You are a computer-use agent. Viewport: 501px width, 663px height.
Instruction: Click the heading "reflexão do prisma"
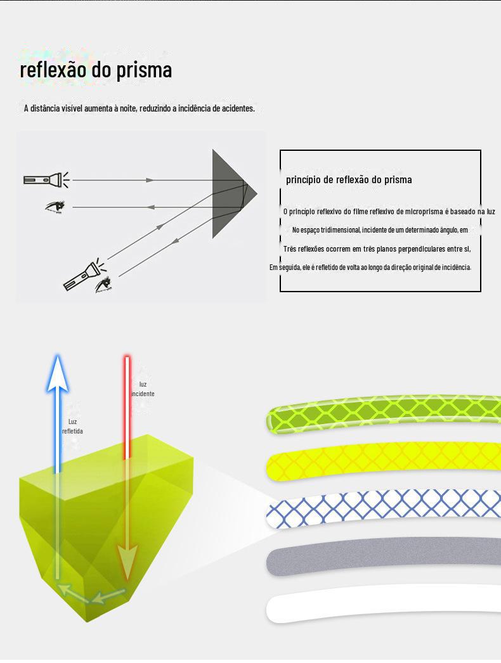pos(96,70)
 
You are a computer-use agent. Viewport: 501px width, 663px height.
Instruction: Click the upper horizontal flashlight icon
pos(43,179)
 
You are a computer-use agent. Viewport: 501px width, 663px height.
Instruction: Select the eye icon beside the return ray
pos(55,207)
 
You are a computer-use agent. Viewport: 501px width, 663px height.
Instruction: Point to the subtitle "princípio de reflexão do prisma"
pos(349,179)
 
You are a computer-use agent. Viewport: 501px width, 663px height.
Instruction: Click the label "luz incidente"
pos(143,389)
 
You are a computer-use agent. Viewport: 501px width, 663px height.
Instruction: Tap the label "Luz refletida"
pos(72,427)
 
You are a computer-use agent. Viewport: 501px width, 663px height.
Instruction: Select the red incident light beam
pos(127,406)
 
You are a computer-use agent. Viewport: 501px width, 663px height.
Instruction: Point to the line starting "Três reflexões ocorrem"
pos(377,248)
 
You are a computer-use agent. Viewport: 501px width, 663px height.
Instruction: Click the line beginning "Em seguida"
pos(370,267)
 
